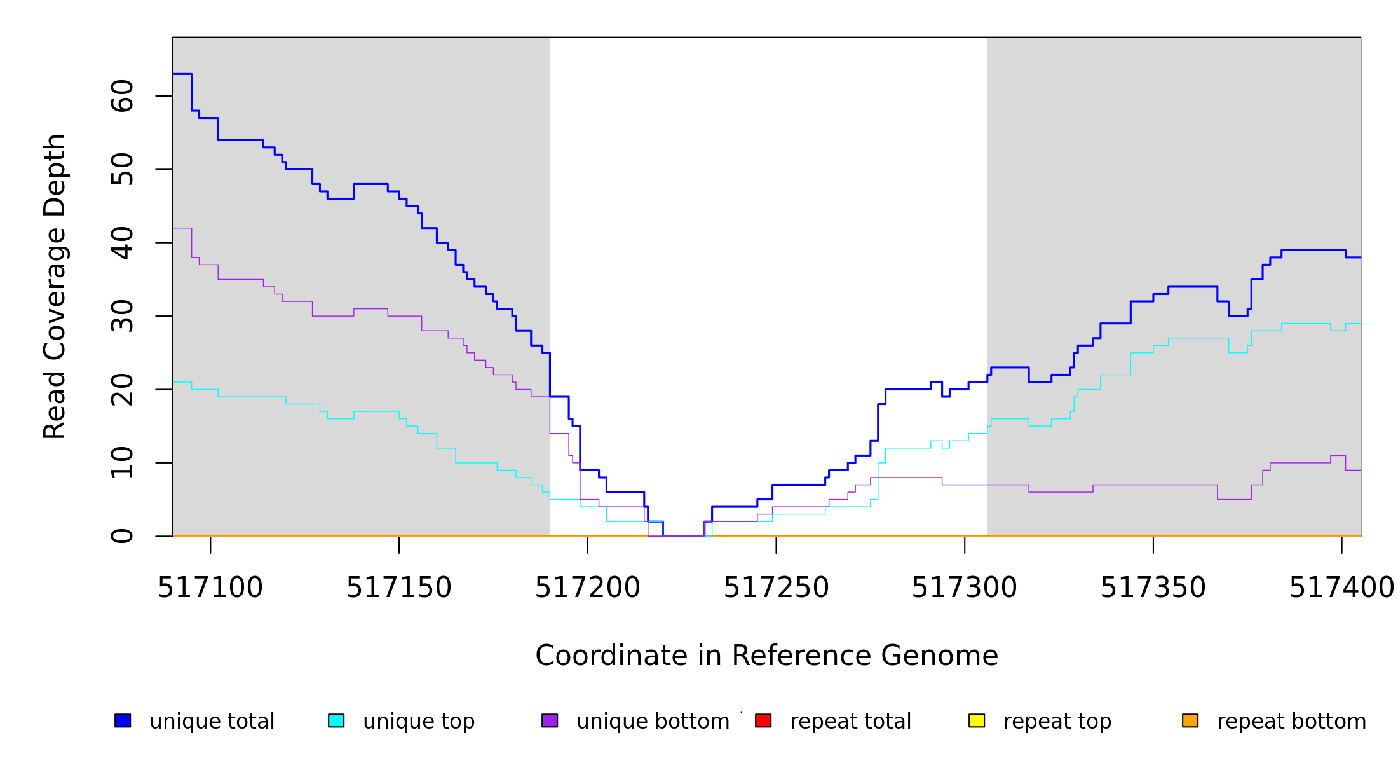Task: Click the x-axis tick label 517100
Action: tap(210, 588)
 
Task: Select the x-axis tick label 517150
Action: tap(398, 588)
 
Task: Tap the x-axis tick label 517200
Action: tap(587, 588)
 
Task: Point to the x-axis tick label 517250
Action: tap(776, 588)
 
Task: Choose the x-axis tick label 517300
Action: tap(964, 588)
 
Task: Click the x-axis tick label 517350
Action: tap(1153, 588)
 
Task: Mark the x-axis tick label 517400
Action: tap(1341, 588)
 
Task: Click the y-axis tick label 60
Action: tap(123, 96)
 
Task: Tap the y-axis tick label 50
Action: tap(123, 169)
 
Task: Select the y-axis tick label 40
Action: tap(123, 243)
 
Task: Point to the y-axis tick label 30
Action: tap(123, 316)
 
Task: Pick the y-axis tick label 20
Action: tap(123, 389)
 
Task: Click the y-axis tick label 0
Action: tap(123, 536)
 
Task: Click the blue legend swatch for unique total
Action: tap(123, 720)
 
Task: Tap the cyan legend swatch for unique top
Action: tap(336, 720)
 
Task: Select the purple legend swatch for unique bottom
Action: tap(550, 720)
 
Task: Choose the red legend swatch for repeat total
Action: tap(763, 720)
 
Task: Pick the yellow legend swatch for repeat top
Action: tap(977, 720)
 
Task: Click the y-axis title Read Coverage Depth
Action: tap(55, 286)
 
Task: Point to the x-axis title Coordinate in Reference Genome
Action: tap(766, 656)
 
